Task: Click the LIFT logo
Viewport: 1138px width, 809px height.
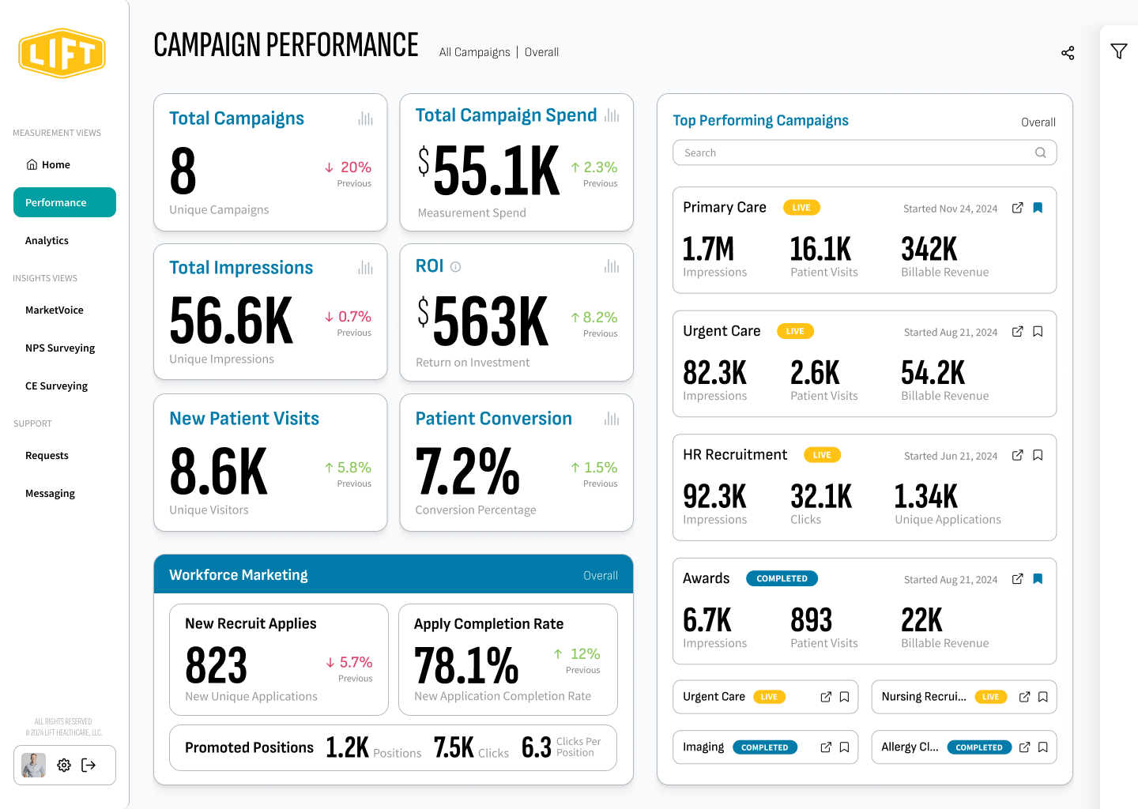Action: pyautogui.click(x=62, y=54)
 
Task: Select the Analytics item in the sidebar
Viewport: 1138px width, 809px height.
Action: pyautogui.click(x=47, y=241)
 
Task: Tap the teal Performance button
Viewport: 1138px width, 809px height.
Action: pyautogui.click(x=65, y=202)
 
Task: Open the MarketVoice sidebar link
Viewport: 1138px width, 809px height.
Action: pyautogui.click(x=55, y=310)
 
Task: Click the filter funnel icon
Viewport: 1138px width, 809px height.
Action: pyautogui.click(x=1119, y=51)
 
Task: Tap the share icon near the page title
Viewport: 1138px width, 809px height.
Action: pyautogui.click(x=1068, y=53)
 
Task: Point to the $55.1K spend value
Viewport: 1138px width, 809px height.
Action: pyautogui.click(x=490, y=171)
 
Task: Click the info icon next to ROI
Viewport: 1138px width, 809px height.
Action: pyautogui.click(x=456, y=267)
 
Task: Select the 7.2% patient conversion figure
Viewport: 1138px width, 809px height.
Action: pyautogui.click(x=468, y=472)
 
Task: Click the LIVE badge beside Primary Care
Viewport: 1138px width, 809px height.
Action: pyautogui.click(x=801, y=208)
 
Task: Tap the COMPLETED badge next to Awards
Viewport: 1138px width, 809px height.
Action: pyautogui.click(x=782, y=578)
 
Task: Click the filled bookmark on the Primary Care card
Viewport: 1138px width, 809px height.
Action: pyautogui.click(x=1038, y=208)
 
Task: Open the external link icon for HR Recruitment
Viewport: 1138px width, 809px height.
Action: pyautogui.click(x=1018, y=455)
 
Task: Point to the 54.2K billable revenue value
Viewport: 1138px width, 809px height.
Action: pyautogui.click(x=933, y=373)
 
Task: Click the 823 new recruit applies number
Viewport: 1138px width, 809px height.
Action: pyautogui.click(x=217, y=665)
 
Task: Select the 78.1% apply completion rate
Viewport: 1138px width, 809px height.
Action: pyautogui.click(x=466, y=665)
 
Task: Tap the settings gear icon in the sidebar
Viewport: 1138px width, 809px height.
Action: pyautogui.click(x=64, y=765)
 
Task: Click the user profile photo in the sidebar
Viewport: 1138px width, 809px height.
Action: pyautogui.click(x=34, y=765)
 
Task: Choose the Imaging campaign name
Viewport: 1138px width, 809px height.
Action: pyautogui.click(x=703, y=747)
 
